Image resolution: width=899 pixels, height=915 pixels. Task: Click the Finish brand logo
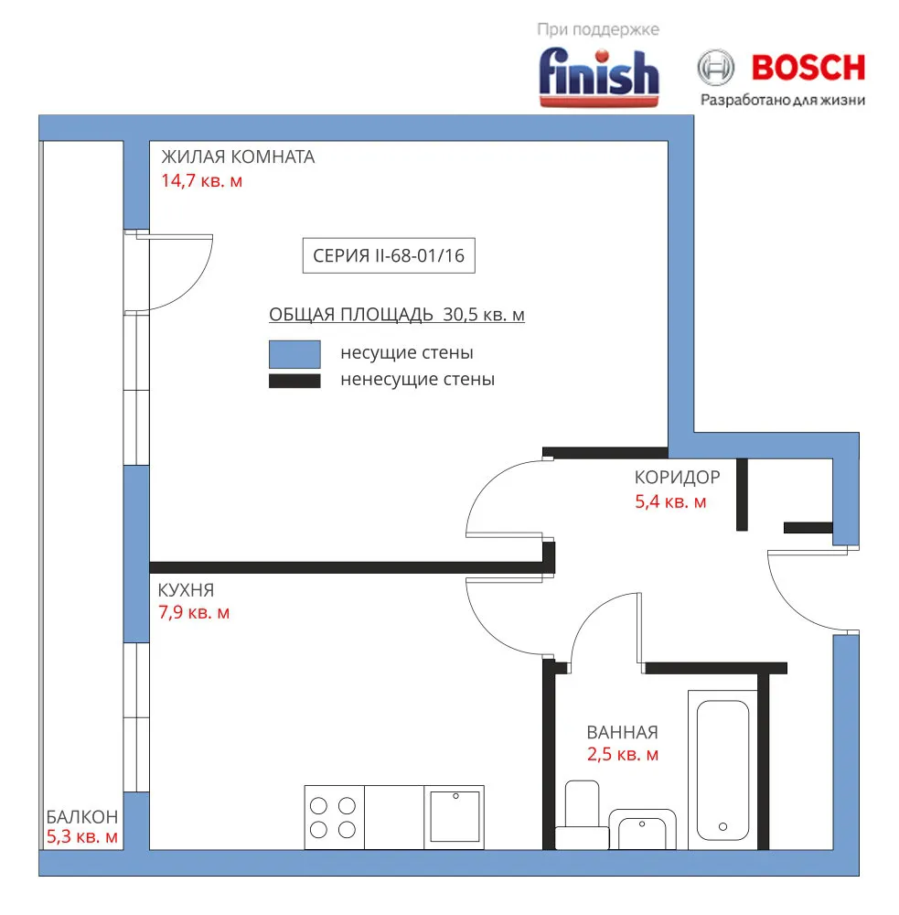(598, 77)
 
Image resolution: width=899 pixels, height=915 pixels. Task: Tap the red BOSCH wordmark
(808, 68)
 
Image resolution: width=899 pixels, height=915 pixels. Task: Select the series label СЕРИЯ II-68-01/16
(389, 255)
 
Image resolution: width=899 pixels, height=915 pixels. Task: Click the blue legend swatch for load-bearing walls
(294, 353)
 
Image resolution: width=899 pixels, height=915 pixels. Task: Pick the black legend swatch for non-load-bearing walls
(294, 381)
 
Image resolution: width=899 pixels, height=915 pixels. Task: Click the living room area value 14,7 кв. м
(202, 181)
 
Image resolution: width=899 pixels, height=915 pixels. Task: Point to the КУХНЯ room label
(186, 590)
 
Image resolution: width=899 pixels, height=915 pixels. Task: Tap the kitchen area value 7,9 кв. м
(194, 612)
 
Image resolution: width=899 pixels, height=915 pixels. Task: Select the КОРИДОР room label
(678, 478)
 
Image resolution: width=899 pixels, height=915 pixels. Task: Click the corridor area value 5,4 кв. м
(671, 501)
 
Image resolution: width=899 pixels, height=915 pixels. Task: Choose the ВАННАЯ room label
(623, 732)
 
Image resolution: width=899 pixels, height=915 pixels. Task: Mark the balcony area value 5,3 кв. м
(82, 837)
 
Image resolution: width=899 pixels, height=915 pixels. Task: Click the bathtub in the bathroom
(722, 770)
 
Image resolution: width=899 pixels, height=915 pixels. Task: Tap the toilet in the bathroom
(582, 814)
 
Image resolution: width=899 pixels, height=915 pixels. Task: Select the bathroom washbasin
(642, 829)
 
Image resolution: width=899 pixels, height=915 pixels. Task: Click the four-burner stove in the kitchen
(334, 817)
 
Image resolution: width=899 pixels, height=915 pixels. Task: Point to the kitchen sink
(455, 816)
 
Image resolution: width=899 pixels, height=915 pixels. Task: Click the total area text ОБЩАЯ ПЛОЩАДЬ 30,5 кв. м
(397, 315)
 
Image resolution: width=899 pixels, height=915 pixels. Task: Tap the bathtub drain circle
(722, 826)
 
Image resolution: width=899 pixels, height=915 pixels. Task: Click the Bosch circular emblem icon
(716, 68)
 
